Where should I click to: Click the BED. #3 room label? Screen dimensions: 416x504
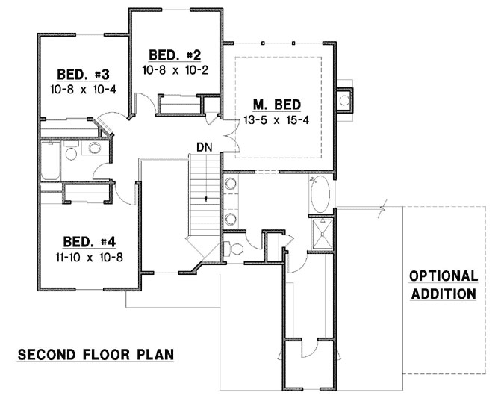click(x=84, y=74)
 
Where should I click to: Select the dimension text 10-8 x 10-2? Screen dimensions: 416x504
click(x=175, y=70)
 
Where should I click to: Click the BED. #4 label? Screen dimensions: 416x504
click(x=89, y=241)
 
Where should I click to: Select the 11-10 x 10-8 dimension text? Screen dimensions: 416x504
click(x=89, y=257)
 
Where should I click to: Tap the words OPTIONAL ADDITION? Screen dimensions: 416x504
click(x=443, y=285)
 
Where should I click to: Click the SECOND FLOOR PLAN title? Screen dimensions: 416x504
click(x=96, y=353)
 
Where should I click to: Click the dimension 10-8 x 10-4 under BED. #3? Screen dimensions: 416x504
click(x=84, y=89)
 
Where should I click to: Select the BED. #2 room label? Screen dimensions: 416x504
click(x=175, y=55)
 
